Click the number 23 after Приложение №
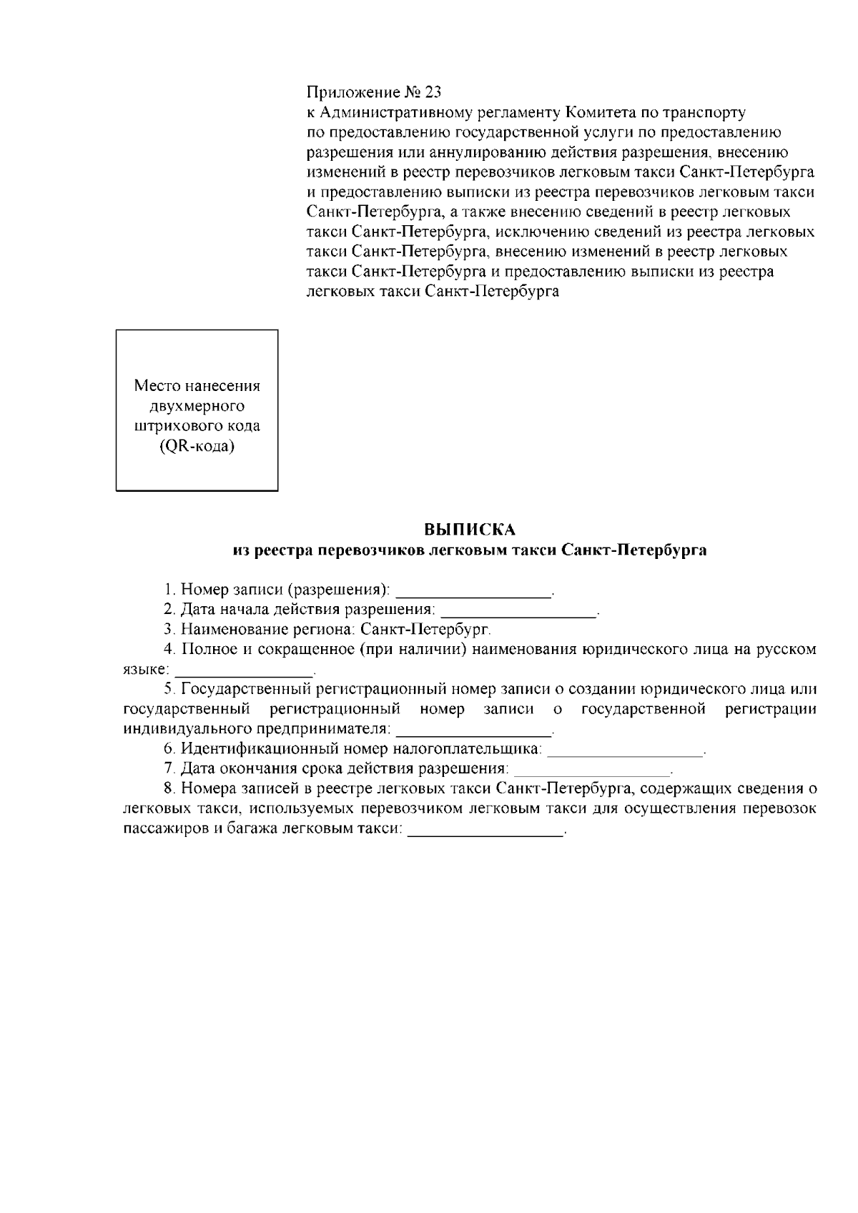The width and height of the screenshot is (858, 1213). tap(433, 92)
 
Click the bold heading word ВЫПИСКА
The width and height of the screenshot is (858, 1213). tap(470, 530)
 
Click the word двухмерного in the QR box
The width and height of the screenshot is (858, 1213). tap(197, 406)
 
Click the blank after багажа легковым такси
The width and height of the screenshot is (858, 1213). tap(485, 831)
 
